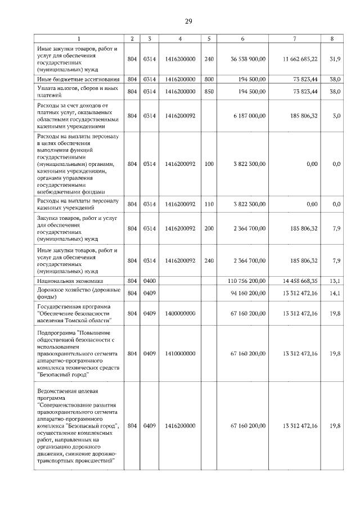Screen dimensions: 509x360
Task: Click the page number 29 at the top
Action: coord(189,21)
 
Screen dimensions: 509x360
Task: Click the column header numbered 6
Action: coord(242,39)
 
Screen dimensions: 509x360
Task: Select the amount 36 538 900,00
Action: coord(248,59)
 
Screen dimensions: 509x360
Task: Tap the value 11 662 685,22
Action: coord(298,59)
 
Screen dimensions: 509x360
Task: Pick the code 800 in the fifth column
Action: coord(209,80)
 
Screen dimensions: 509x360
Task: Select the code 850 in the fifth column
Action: coord(209,91)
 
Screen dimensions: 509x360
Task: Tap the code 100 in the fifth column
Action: coord(209,164)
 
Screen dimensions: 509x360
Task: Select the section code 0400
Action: coord(149,280)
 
